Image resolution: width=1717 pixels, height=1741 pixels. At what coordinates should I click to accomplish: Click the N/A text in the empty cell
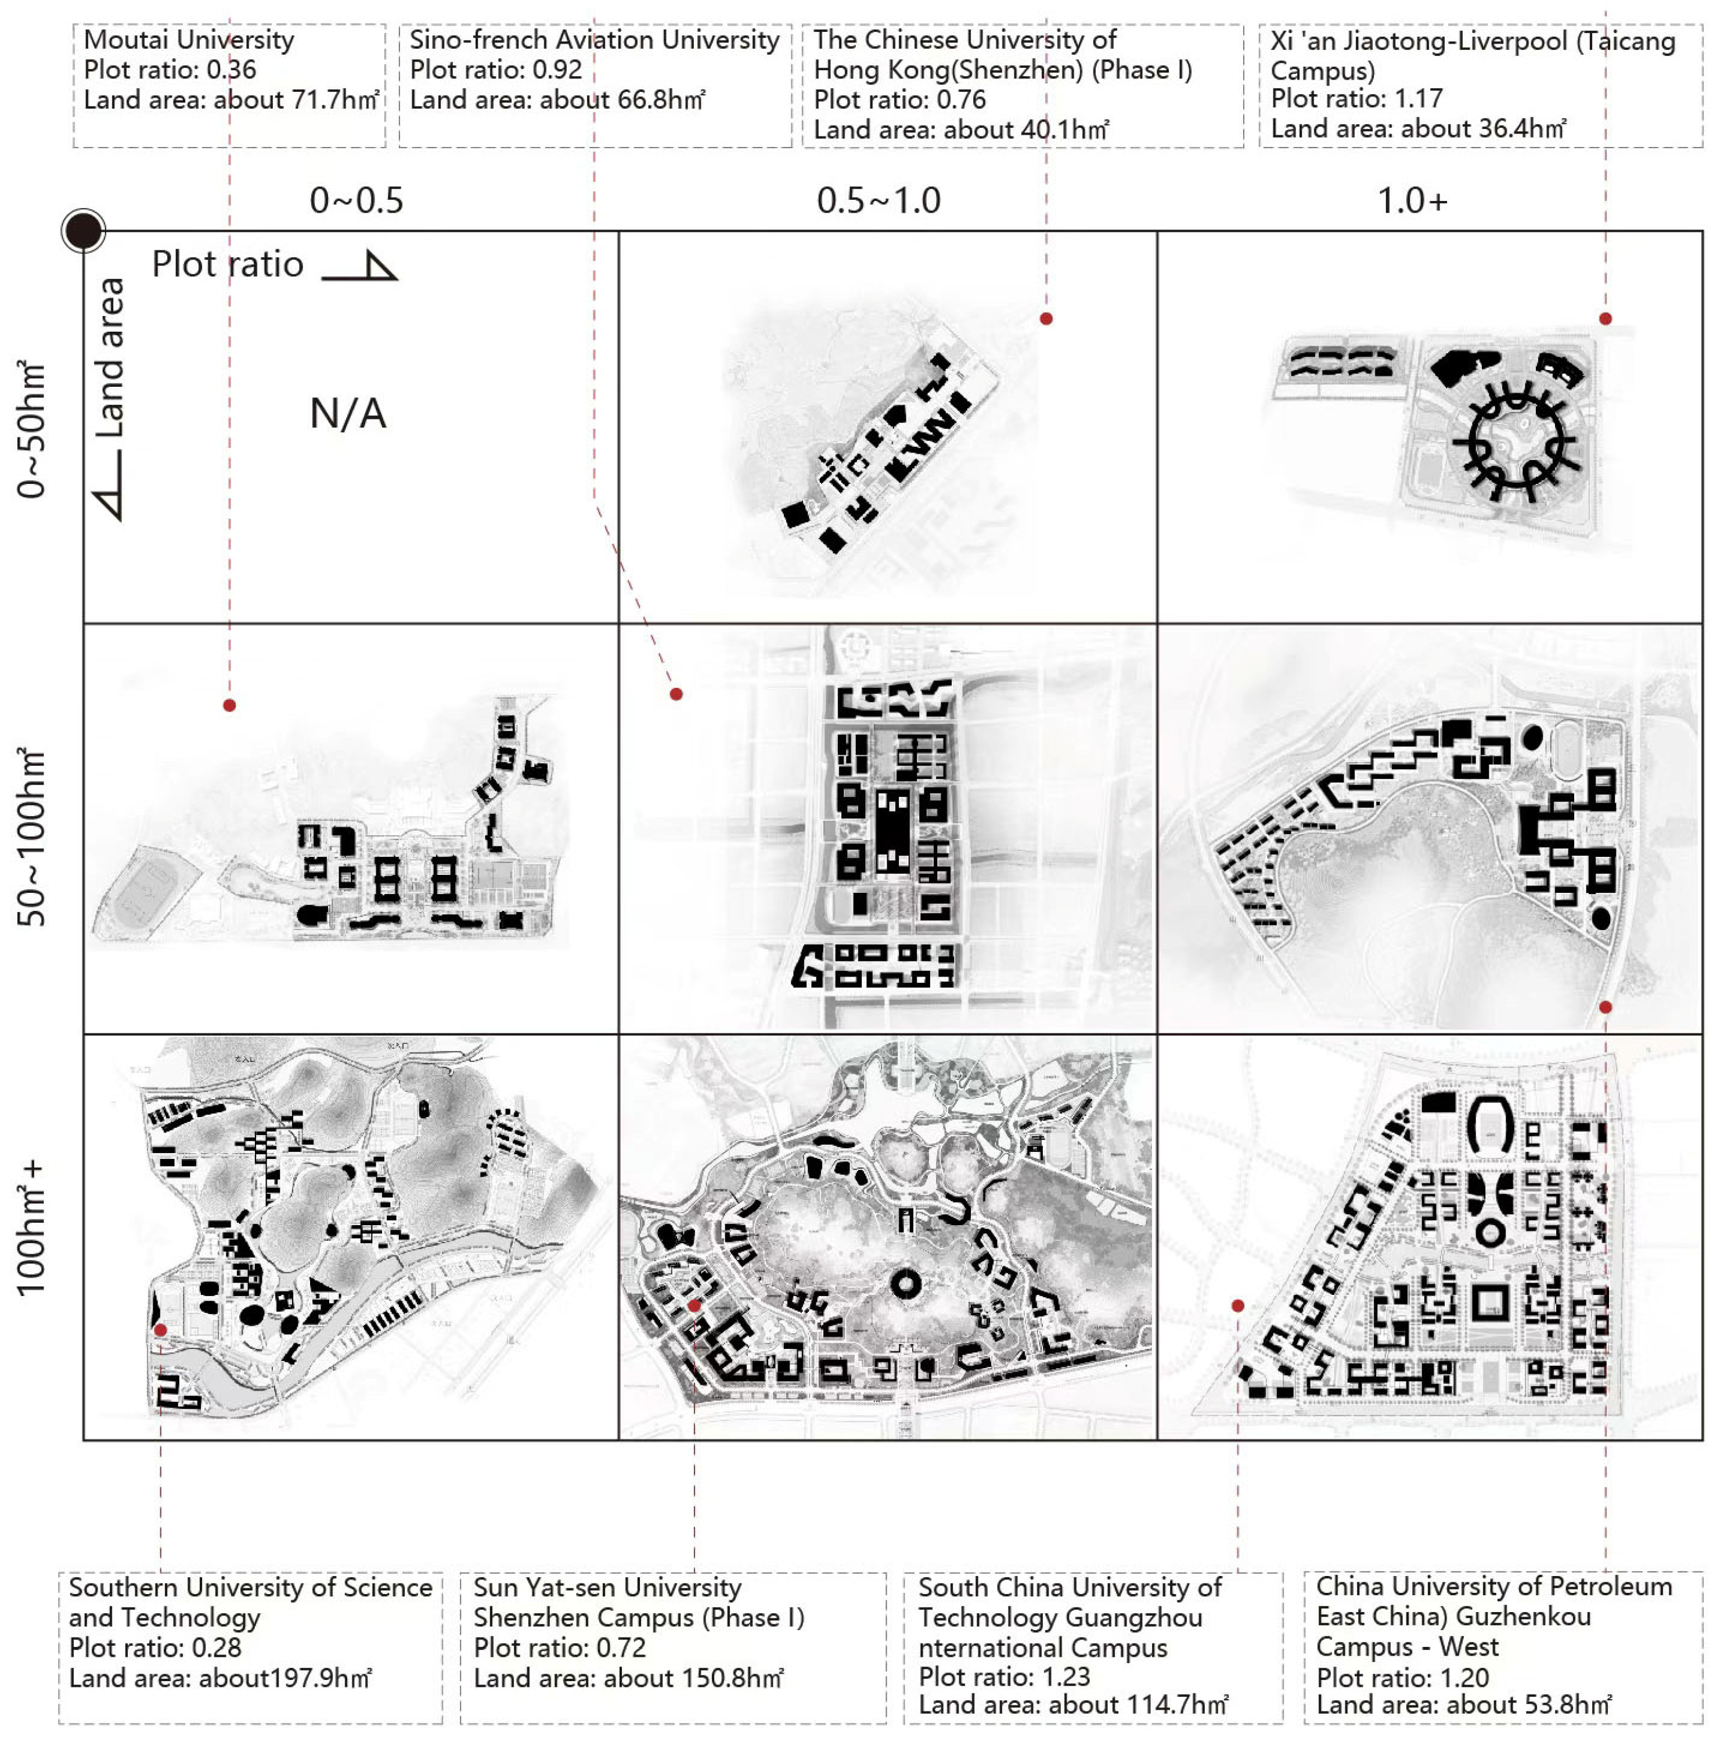click(x=348, y=414)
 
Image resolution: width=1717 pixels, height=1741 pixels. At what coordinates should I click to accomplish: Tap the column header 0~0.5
click(x=356, y=200)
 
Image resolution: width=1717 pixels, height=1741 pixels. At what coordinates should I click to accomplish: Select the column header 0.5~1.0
click(x=879, y=200)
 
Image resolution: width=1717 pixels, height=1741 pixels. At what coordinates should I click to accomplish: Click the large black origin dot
click(x=84, y=231)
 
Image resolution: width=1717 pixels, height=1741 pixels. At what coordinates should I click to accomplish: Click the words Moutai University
click(x=189, y=40)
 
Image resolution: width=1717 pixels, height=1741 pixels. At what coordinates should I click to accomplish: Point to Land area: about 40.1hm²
click(x=961, y=130)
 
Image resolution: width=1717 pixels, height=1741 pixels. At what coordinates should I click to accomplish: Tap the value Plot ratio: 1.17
click(x=1356, y=98)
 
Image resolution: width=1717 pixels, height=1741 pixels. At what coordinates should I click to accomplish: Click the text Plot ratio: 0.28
click(x=155, y=1648)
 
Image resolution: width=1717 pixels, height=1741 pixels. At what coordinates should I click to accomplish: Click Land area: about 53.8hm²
click(x=1464, y=1704)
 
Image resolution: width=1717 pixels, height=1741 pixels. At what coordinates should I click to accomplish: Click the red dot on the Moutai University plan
click(x=230, y=706)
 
